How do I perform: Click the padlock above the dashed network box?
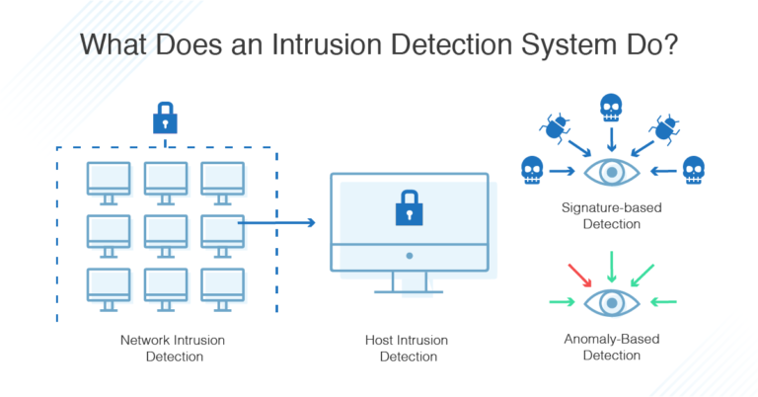tap(165, 119)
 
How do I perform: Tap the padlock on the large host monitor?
tap(408, 208)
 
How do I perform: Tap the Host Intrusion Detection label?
tap(408, 348)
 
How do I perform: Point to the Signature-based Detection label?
tap(612, 216)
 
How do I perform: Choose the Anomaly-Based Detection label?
tap(612, 346)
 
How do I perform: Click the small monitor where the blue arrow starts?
tap(222, 231)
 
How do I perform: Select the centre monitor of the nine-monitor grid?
tap(165, 231)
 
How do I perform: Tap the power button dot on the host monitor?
tap(408, 254)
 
